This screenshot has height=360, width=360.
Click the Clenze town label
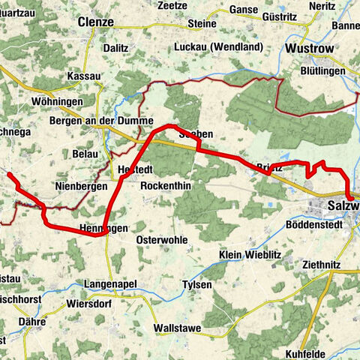coord(95,22)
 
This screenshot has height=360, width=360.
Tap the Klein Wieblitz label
coord(250,255)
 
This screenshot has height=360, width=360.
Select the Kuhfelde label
coord(309,352)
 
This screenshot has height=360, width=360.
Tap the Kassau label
coord(84,77)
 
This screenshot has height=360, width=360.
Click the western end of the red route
coord(9,174)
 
